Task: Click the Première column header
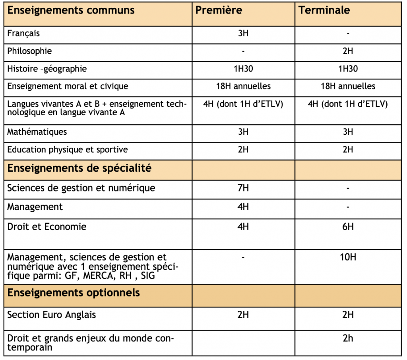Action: (219, 10)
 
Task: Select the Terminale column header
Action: (324, 10)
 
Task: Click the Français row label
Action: (23, 33)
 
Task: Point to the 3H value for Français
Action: (243, 33)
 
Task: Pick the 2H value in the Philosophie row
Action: (348, 51)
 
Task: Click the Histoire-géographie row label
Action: (47, 69)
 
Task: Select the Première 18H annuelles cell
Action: (243, 86)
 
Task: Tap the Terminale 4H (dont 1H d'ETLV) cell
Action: (348, 105)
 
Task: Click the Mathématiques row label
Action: (37, 131)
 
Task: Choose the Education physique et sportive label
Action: (68, 150)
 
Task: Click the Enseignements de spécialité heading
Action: (79, 168)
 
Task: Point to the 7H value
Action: (243, 188)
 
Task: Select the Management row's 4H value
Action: (243, 207)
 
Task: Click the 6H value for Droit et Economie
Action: (348, 227)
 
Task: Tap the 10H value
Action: (348, 257)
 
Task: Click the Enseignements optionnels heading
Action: (74, 293)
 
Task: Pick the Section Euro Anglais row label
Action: (52, 315)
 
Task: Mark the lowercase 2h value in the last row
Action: (348, 339)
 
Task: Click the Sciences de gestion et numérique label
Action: (81, 188)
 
